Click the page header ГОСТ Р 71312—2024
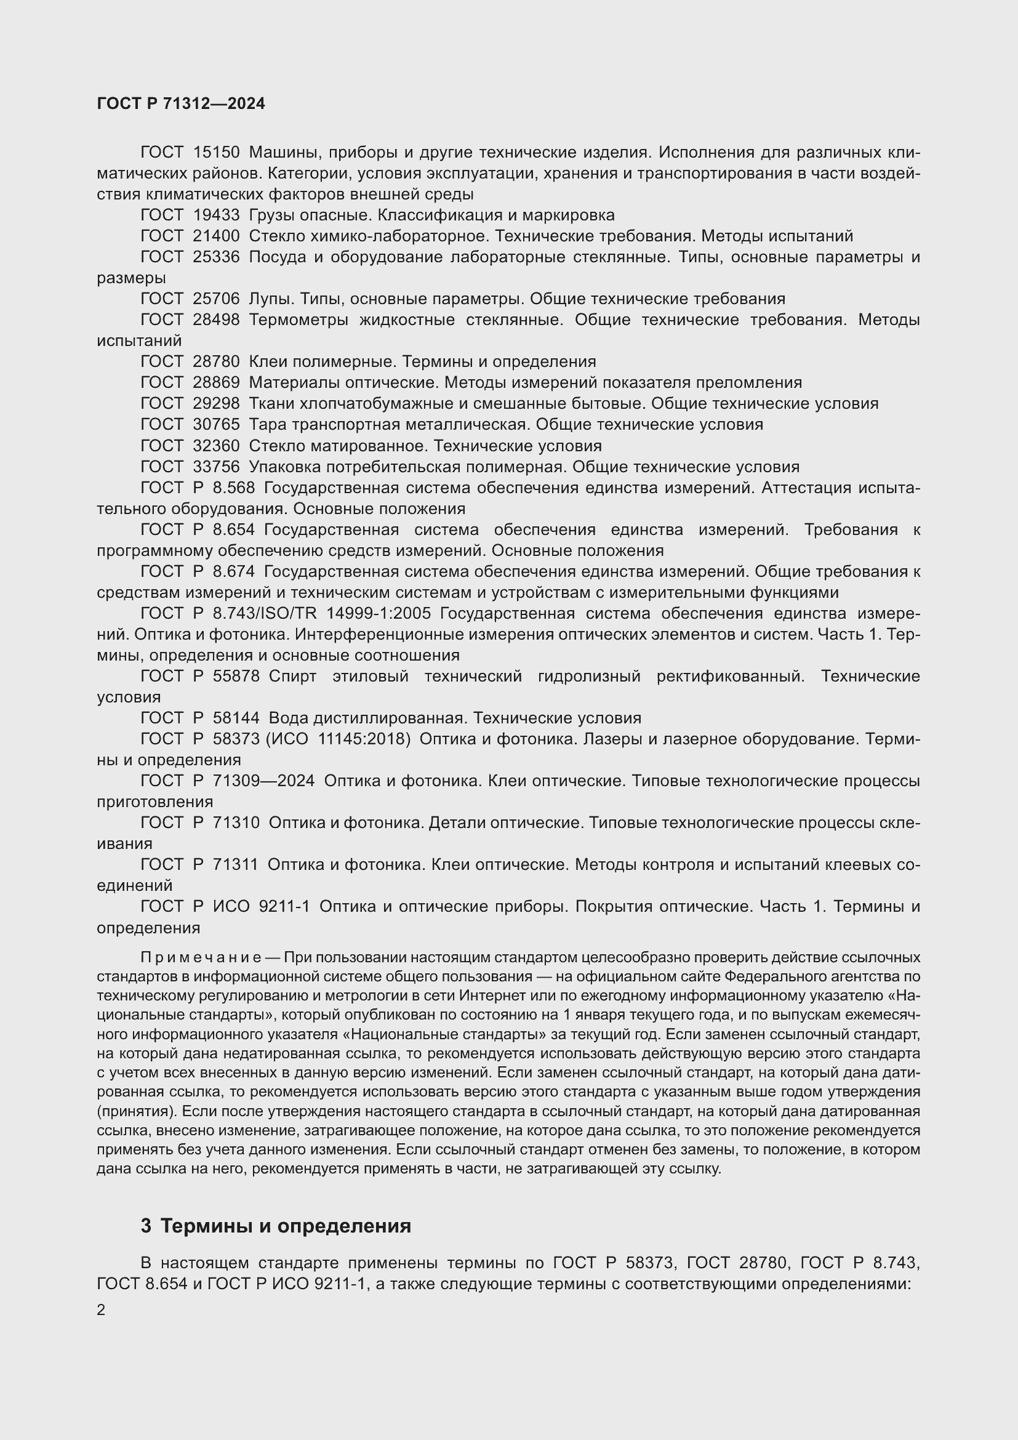[181, 104]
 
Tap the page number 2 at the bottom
[101, 1310]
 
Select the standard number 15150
[216, 153]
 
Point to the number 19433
[216, 215]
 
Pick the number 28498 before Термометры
[216, 320]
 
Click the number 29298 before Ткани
[216, 403]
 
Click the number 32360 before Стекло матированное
[216, 446]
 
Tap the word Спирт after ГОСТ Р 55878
[292, 676]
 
